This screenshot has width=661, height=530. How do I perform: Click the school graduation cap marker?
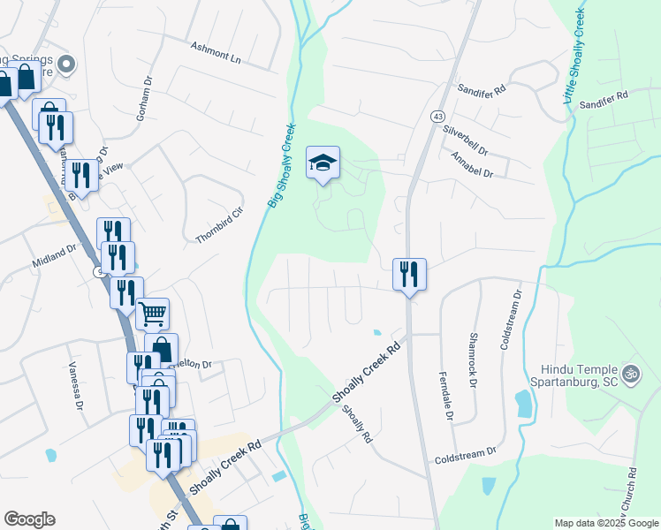click(323, 163)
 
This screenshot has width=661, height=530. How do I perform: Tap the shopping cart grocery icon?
click(152, 313)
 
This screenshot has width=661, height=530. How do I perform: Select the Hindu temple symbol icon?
click(629, 373)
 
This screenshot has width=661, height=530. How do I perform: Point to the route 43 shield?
click(437, 116)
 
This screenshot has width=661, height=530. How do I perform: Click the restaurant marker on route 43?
click(409, 273)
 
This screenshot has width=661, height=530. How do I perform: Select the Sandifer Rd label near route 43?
click(481, 89)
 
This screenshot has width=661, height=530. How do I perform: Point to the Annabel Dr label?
click(471, 163)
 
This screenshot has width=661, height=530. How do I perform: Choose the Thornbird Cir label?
click(219, 226)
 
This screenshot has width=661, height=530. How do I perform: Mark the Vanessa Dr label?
click(73, 387)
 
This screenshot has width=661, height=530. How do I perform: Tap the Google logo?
click(29, 519)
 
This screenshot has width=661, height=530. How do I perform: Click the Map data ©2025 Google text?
click(604, 523)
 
